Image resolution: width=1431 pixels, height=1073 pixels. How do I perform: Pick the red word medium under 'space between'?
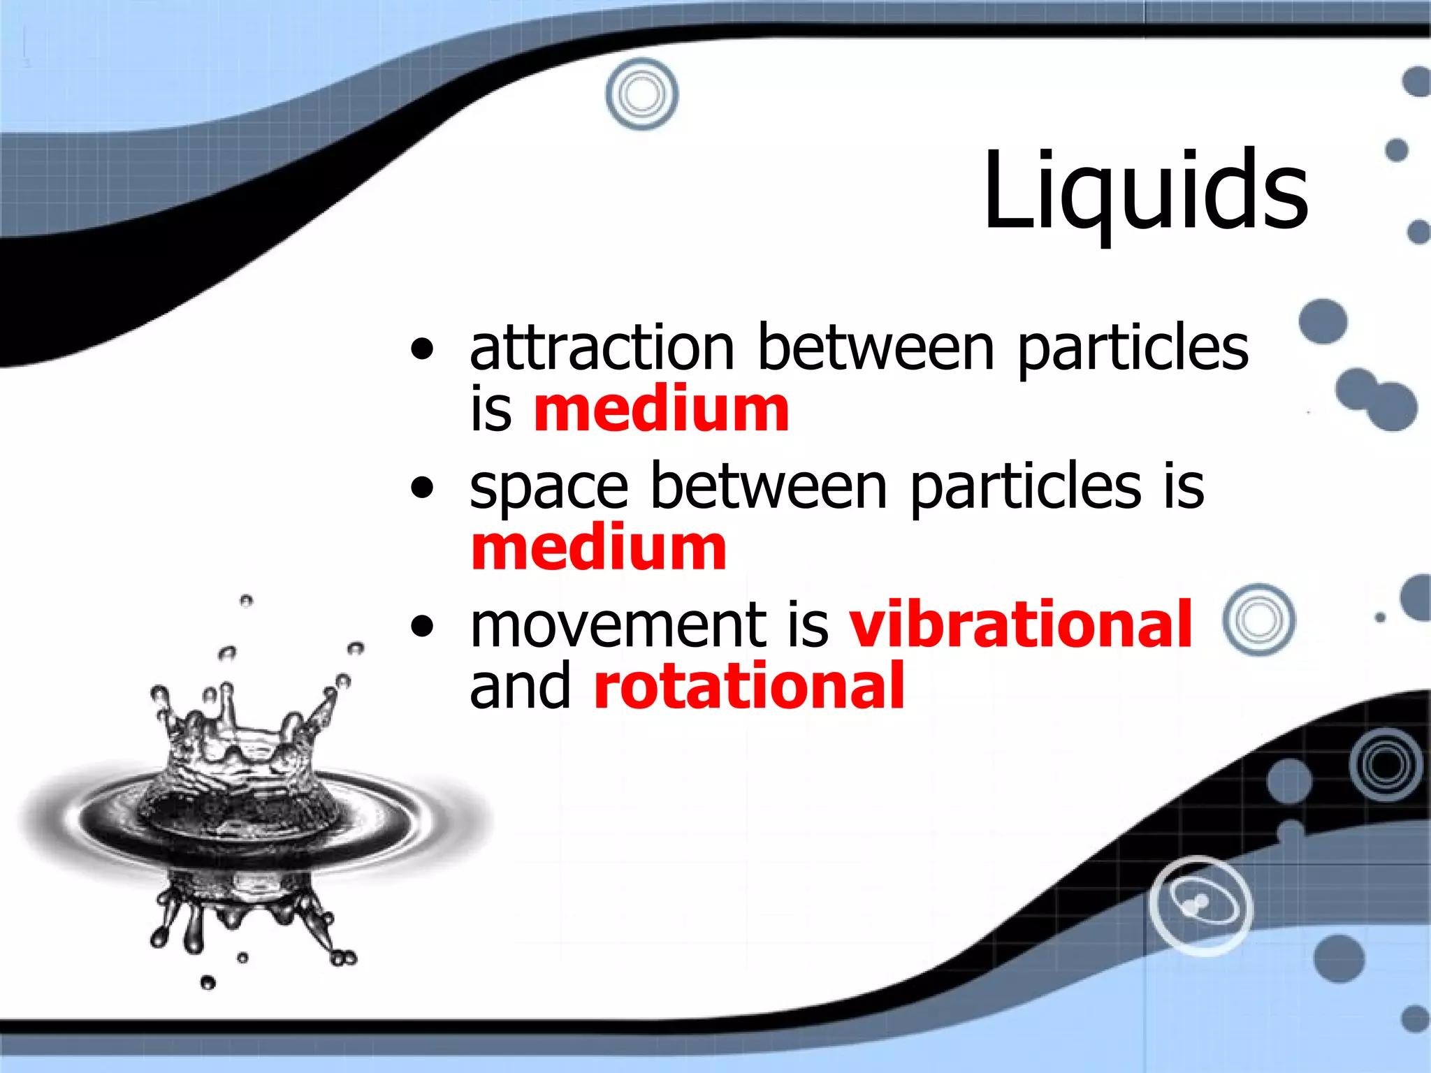pos(599,548)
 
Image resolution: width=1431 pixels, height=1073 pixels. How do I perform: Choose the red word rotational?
pos(749,686)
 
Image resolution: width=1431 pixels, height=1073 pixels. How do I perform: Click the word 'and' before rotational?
pos(521,686)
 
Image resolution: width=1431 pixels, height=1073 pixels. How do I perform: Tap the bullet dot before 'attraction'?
pos(422,349)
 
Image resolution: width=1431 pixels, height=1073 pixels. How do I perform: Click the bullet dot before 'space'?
pos(422,488)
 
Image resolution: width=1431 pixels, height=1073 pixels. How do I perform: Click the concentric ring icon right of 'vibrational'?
pos(1259,620)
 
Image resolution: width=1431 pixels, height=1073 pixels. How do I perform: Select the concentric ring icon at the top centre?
pos(641,94)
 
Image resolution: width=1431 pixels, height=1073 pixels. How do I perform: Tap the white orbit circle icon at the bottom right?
pos(1200,905)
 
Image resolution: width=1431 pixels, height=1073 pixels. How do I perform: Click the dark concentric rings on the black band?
pos(1386,764)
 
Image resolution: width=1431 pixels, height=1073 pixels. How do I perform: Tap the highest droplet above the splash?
pos(246,601)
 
